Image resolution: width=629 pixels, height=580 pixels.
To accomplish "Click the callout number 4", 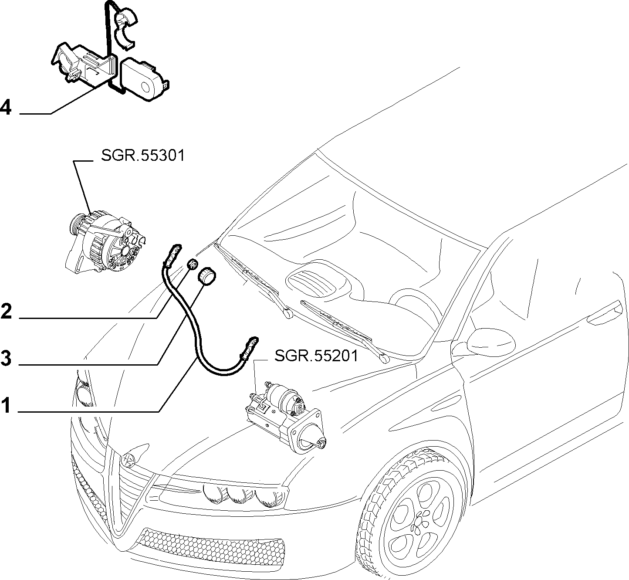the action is tap(6, 108).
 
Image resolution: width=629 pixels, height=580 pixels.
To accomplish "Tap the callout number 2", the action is tap(7, 311).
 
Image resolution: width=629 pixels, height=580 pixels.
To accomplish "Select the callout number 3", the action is tap(6, 358).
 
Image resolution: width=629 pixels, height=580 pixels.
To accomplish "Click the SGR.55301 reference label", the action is tap(142, 156).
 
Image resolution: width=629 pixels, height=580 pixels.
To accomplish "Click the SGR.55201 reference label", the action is tap(316, 356).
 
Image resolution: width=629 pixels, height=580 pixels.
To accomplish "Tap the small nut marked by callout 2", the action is tap(193, 264).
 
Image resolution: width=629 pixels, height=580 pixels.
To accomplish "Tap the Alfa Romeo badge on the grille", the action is tap(129, 460).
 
